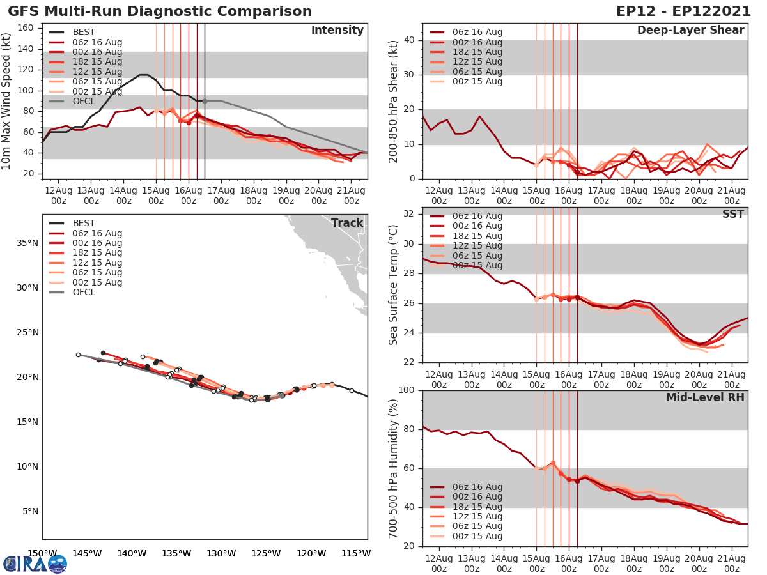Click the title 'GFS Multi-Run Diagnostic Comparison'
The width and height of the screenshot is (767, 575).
[x=160, y=11]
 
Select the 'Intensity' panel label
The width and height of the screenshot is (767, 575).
[x=337, y=31]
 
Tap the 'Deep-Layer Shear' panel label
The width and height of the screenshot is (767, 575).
[x=690, y=31]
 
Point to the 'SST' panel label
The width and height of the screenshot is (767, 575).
[x=732, y=214]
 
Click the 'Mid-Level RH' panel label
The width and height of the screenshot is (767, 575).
[x=705, y=397]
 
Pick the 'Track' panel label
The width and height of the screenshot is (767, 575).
[x=346, y=223]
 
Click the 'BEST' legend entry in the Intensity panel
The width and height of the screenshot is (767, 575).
[x=84, y=33]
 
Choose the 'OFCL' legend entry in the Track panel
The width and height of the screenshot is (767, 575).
[x=84, y=292]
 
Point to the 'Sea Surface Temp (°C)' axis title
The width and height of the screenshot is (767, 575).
[x=394, y=285]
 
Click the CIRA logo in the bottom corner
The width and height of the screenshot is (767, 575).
[x=35, y=563]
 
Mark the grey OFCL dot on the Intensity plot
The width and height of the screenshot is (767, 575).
[x=205, y=101]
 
